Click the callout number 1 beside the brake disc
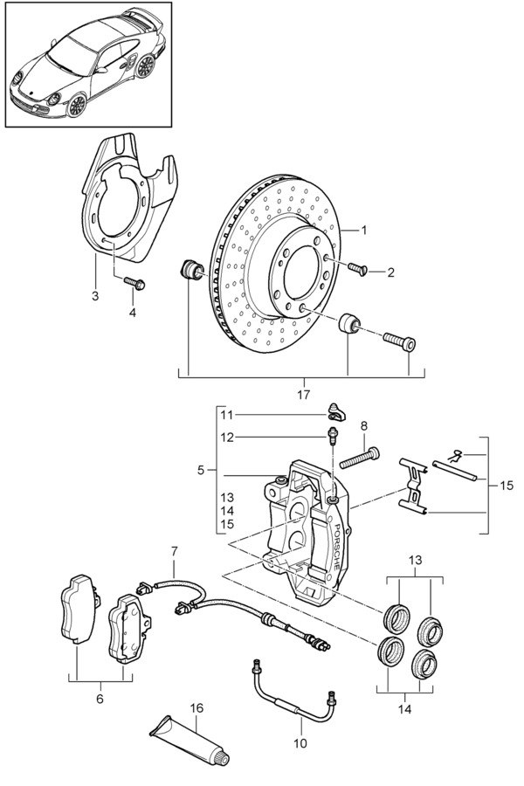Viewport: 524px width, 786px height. [364, 230]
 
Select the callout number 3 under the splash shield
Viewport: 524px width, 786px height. [95, 296]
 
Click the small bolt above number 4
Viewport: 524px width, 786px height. [134, 283]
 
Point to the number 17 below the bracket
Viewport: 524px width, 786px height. [303, 395]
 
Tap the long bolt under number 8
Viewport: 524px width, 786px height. [359, 458]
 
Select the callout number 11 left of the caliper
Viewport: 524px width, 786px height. [227, 415]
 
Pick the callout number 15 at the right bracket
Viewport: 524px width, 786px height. [507, 486]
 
